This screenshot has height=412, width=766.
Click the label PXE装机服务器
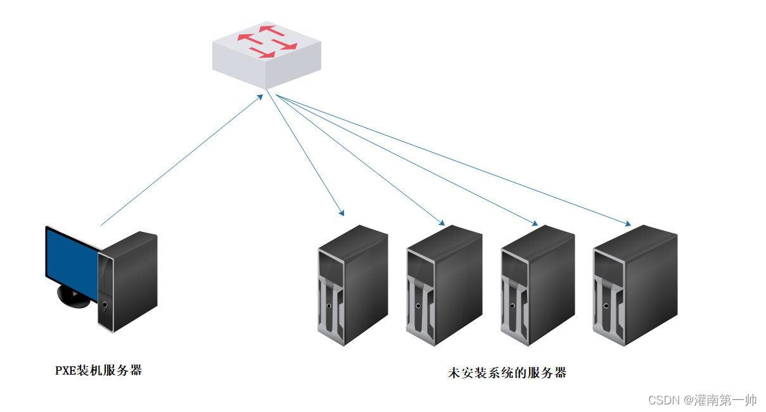click(x=98, y=371)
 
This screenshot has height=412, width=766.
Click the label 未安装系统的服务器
click(x=507, y=373)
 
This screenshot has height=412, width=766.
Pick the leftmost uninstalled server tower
click(x=352, y=285)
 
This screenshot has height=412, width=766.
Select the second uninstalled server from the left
click(x=444, y=285)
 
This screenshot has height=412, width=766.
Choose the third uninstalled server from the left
click(x=537, y=285)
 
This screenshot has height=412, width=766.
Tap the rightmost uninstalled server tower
click(x=634, y=285)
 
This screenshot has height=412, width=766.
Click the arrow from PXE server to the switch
click(x=181, y=161)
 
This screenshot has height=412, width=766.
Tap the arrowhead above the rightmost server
click(x=628, y=224)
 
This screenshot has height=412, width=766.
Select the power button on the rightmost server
click(x=606, y=306)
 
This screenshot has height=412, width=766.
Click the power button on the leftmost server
click(x=329, y=306)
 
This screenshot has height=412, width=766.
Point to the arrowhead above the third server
click(x=535, y=223)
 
